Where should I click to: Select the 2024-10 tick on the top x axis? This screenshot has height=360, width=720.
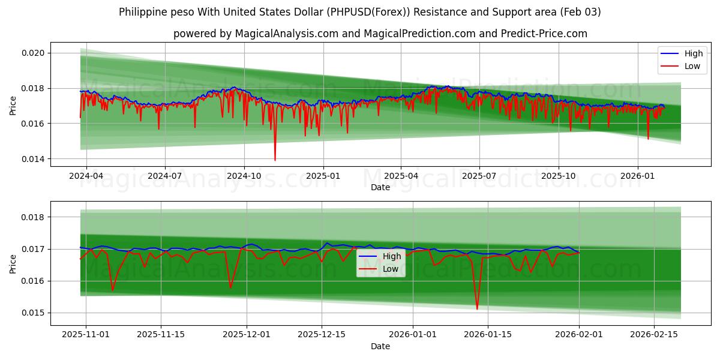[244, 176]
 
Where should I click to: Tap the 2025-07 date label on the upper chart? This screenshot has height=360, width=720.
[479, 176]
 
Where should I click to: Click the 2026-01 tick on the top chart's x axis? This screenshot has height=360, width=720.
[637, 176]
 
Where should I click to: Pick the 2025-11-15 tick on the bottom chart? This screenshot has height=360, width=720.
[161, 334]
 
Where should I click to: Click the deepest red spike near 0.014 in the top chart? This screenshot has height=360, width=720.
[275, 160]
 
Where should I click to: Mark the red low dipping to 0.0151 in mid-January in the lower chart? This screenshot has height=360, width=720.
[477, 308]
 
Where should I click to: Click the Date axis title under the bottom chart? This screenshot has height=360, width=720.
[380, 346]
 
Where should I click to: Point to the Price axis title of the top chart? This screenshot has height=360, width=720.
[13, 106]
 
